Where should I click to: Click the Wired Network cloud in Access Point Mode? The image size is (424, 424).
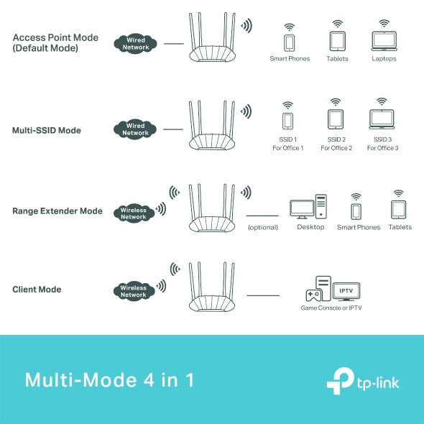tap(134, 43)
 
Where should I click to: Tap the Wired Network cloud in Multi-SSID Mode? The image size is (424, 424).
tap(134, 129)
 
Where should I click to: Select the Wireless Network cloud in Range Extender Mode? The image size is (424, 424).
tap(134, 213)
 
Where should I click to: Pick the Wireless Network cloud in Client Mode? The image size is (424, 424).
tap(134, 291)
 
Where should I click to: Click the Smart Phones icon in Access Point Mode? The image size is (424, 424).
tap(290, 42)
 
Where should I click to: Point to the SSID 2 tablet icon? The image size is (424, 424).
tap(335, 119)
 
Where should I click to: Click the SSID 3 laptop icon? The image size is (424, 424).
tap(382, 119)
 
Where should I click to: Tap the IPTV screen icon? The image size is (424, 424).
tap(346, 291)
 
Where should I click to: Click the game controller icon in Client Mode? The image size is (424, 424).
tap(314, 295)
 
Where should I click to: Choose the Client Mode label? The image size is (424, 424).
tap(37, 290)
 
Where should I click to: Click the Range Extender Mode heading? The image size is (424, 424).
tap(57, 211)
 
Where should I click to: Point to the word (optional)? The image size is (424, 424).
tap(263, 227)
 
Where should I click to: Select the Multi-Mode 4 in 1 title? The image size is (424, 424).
tap(109, 379)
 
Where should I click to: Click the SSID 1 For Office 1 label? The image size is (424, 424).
tap(287, 144)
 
